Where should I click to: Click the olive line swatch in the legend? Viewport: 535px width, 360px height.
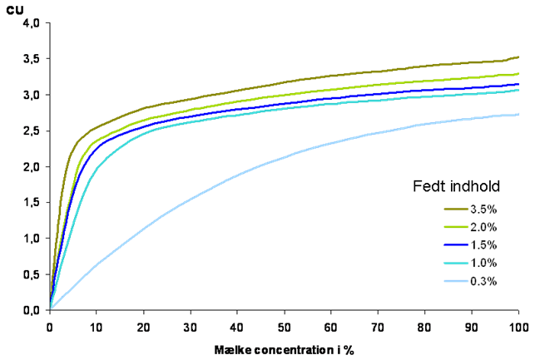click(x=456, y=209)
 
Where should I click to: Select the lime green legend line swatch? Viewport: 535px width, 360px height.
click(x=456, y=227)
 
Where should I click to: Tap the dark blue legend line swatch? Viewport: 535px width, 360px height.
click(x=456, y=245)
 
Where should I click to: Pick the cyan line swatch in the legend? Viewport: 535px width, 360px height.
click(x=456, y=264)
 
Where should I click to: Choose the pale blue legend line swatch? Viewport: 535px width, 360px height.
click(x=456, y=281)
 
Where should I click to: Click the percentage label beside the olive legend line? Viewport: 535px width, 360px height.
click(x=484, y=209)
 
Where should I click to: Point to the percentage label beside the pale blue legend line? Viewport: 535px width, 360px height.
click(x=484, y=281)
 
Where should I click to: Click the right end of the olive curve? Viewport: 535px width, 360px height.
click(x=519, y=57)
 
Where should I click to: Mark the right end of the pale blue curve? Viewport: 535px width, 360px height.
click(x=519, y=114)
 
